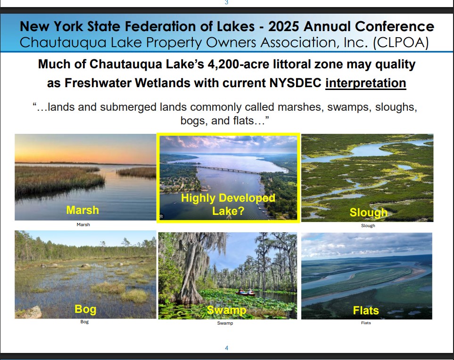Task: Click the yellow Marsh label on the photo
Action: click(x=83, y=210)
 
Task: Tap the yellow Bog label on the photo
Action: click(x=85, y=309)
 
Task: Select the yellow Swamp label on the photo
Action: click(x=227, y=310)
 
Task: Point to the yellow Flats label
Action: click(x=366, y=311)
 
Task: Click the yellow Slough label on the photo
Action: click(x=369, y=213)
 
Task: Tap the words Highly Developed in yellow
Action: click(x=228, y=198)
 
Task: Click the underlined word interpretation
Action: click(x=366, y=83)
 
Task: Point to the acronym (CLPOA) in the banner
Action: click(x=401, y=42)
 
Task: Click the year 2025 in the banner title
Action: click(x=283, y=26)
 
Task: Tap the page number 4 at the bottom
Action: click(x=226, y=348)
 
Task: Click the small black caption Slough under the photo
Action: click(x=368, y=226)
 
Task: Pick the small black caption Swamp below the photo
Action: click(x=225, y=323)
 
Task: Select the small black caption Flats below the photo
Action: click(x=366, y=323)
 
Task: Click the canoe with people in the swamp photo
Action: click(x=246, y=293)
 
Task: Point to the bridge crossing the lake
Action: click(x=229, y=170)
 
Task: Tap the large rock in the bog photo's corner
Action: click(x=30, y=312)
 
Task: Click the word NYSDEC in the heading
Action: click(x=295, y=83)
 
